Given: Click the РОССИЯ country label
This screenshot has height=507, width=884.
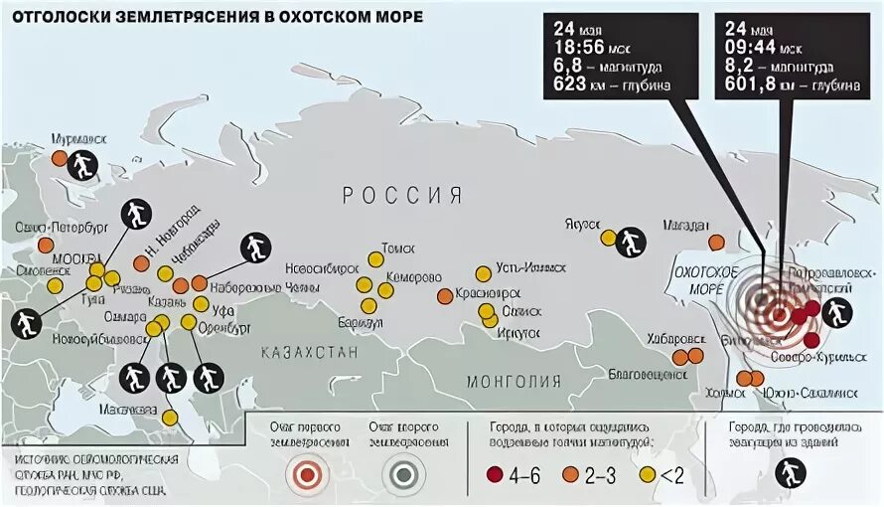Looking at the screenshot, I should [x=402, y=194].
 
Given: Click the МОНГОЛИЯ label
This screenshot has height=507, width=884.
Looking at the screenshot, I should [x=514, y=381].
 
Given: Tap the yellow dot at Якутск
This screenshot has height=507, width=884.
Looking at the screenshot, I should [x=607, y=238].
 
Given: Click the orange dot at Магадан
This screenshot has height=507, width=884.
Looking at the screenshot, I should [x=716, y=242].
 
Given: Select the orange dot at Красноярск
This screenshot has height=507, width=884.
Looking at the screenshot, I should [x=445, y=296].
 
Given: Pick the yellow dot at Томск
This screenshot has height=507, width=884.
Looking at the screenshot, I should [x=375, y=259].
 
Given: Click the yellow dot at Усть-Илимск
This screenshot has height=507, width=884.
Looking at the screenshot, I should [x=483, y=273].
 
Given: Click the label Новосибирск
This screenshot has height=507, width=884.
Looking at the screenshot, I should [x=321, y=268].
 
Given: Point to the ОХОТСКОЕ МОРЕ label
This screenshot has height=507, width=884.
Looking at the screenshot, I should [x=703, y=278].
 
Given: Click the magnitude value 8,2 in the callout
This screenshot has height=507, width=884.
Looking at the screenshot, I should [x=740, y=67].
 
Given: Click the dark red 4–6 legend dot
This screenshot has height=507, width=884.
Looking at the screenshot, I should [x=496, y=474].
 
